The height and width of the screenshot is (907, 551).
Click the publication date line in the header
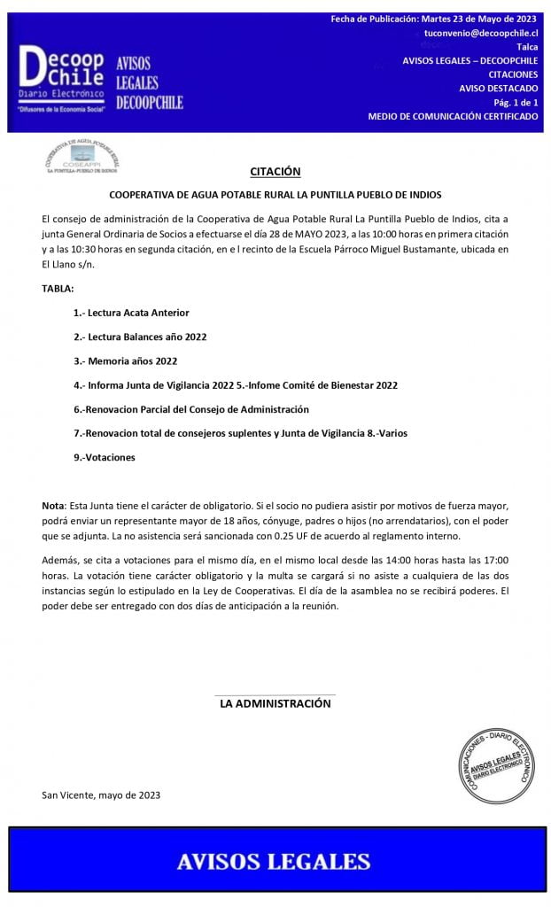point(434,19)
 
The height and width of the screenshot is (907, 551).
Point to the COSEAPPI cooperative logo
point(81,156)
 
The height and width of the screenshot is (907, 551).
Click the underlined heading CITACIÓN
point(275,171)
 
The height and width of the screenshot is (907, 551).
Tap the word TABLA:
point(58,289)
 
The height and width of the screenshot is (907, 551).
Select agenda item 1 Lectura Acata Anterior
point(131,313)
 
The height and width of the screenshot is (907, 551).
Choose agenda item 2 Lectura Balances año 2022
point(140,337)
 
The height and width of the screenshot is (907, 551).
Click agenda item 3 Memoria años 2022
point(126,360)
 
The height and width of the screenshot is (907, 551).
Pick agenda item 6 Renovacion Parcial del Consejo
point(191,409)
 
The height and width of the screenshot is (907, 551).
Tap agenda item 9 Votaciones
point(105,457)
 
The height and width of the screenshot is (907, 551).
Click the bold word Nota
point(52,505)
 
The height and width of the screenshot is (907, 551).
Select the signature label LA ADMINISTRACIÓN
point(275,703)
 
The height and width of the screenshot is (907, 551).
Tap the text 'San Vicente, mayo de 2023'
point(101,795)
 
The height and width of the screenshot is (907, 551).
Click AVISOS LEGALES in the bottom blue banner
point(273,861)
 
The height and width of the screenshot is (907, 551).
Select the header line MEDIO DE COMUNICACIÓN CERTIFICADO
point(453,117)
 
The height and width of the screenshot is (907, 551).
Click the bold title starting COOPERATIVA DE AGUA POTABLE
point(275,195)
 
